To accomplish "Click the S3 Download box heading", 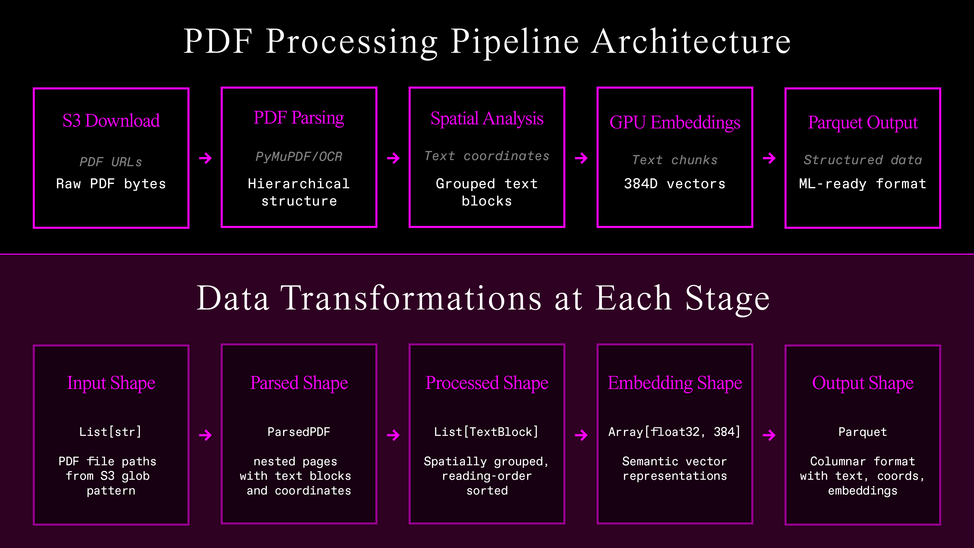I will click(x=111, y=121).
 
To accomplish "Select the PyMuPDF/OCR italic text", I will click(x=299, y=157).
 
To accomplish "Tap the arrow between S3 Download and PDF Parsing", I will click(x=205, y=158).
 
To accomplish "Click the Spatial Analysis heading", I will click(x=487, y=119).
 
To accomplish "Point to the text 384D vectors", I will click(x=674, y=184).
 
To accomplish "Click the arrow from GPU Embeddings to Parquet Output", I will click(x=769, y=158).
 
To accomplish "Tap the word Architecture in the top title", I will click(x=691, y=42).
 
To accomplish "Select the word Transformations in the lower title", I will click(x=411, y=298).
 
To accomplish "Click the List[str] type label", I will click(x=110, y=432).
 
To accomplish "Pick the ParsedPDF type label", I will click(x=299, y=432).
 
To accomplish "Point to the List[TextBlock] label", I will click(x=486, y=432).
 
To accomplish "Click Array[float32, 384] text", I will click(x=674, y=432).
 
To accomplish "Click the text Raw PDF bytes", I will click(x=111, y=184).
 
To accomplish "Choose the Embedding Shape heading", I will click(x=674, y=383).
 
